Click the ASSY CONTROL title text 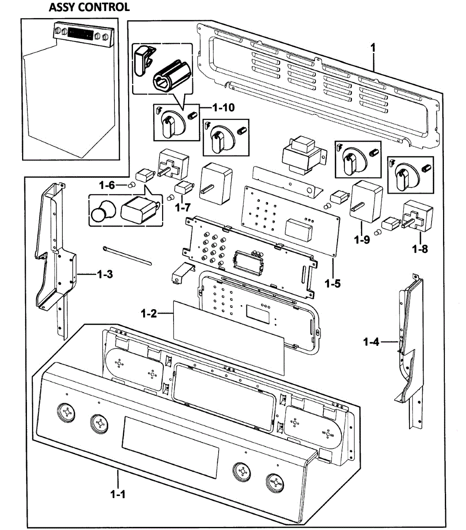point(89,8)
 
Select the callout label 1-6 point(106,185)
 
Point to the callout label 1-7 point(183,206)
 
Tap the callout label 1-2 point(149,314)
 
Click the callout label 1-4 point(371,341)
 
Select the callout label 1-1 point(118,494)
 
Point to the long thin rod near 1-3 point(129,257)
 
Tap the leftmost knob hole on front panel point(67,413)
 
